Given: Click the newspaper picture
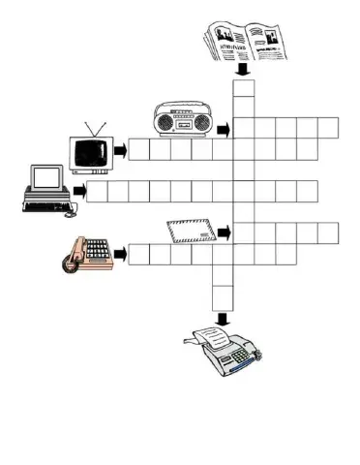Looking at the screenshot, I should coord(246,43).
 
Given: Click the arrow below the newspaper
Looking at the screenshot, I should coord(244,70).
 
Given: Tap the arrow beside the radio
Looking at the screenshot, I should coord(223,129).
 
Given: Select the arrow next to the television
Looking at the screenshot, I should coord(121,150).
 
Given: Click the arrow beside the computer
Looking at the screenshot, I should coord(77,190).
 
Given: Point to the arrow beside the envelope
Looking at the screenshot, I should coord(224,233).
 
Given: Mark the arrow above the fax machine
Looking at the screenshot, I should coord(223,318).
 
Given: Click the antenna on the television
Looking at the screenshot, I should coord(94,129).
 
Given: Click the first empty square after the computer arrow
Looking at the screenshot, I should coord(96,191).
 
